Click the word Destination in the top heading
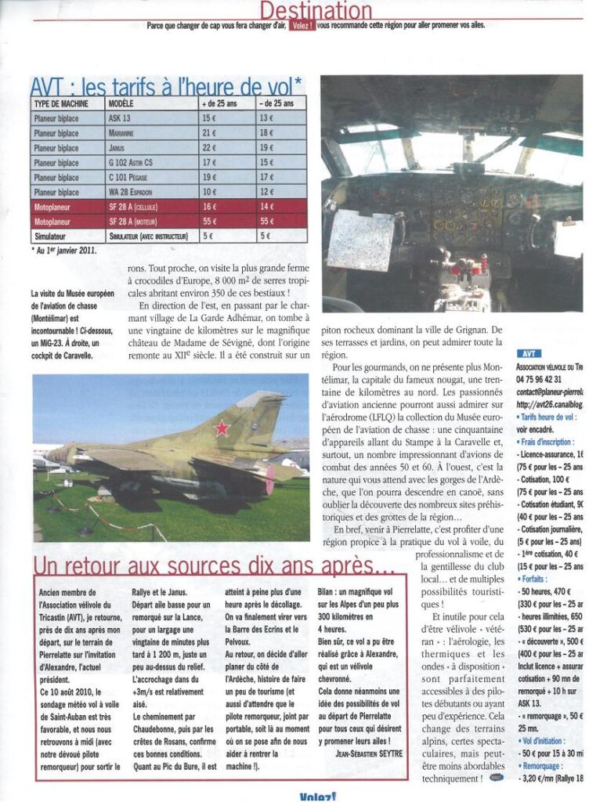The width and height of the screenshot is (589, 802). [x=316, y=10]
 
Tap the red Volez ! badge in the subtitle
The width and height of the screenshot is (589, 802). [x=302, y=25]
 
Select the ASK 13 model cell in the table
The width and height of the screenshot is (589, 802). [x=121, y=117]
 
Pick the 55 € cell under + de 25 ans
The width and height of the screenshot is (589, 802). [x=210, y=222]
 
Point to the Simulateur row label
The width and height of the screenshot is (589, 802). [x=51, y=236]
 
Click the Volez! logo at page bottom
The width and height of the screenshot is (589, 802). [x=317, y=797]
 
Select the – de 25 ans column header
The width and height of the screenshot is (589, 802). [x=278, y=103]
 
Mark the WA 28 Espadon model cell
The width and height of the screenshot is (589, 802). [x=131, y=192]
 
